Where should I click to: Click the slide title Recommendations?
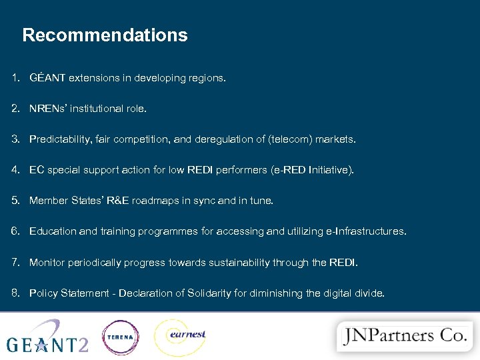pos(105,35)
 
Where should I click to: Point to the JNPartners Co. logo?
pos(403,336)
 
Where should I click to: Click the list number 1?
pos(15,78)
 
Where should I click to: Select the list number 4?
pos(15,170)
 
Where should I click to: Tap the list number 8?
pos(15,293)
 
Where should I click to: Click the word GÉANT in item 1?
pos(47,78)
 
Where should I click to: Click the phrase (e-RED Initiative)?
pos(312,170)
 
